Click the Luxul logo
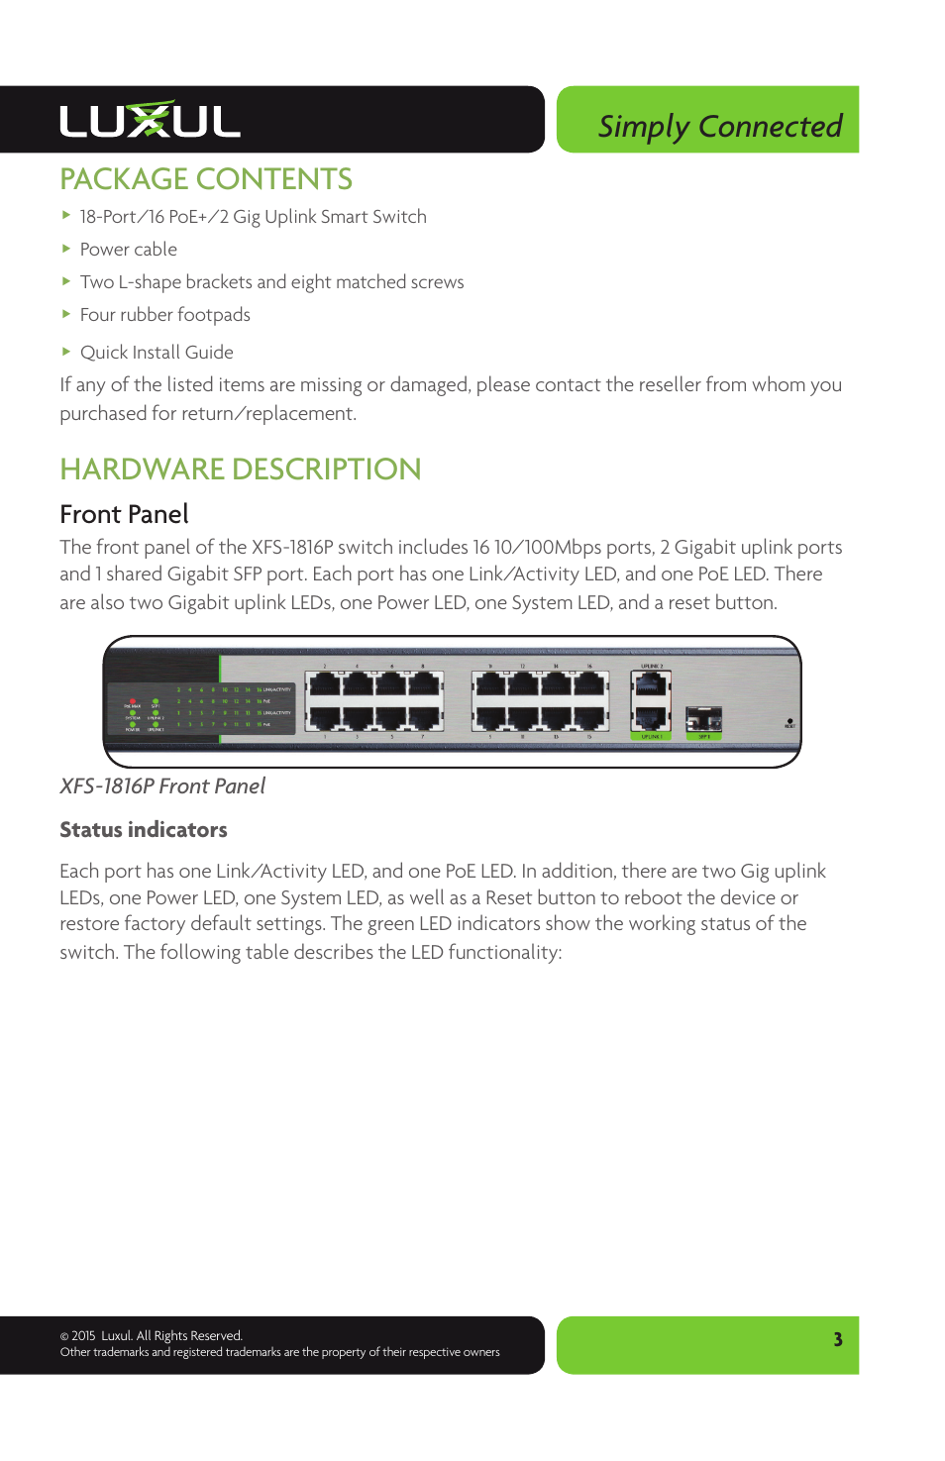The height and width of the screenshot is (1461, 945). pos(150,120)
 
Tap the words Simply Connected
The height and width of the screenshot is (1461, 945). pos(719,127)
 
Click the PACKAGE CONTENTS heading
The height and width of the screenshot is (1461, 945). pos(206,179)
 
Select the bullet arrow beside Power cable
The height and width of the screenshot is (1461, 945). pos(66,249)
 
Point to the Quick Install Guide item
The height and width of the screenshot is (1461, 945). pos(157,353)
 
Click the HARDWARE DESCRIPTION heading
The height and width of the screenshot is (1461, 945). pos(241,470)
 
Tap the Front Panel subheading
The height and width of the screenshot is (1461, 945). pos(124,514)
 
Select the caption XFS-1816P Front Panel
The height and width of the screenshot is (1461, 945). pos(162,786)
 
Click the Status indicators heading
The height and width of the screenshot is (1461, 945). pos(144,830)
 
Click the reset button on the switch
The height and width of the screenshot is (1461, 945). pos(789,721)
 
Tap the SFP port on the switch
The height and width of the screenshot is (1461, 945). pos(703,718)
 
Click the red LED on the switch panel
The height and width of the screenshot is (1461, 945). pos(133,701)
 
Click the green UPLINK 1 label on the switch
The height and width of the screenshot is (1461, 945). pos(651,737)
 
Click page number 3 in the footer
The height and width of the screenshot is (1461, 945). pos(838,1339)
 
